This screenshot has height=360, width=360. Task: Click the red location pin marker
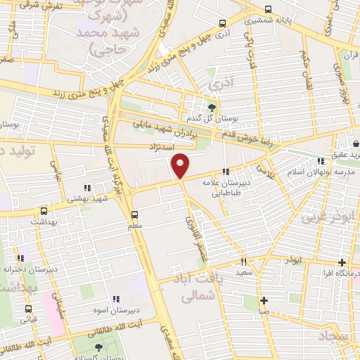pyautogui.click(x=181, y=166)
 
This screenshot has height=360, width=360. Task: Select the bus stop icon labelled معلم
pyautogui.click(x=135, y=215)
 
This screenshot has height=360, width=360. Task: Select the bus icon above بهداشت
pyautogui.click(x=44, y=210)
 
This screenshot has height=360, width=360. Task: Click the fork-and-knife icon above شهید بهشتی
pyautogui.click(x=87, y=188)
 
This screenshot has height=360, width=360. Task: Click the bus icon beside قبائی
pyautogui.click(x=28, y=308)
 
